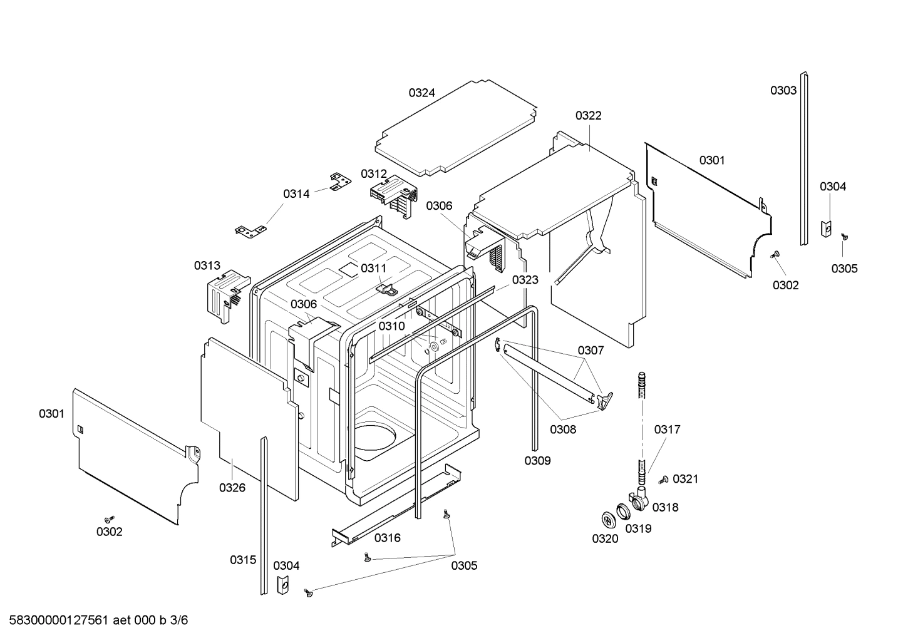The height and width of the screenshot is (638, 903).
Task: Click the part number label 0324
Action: (x=421, y=93)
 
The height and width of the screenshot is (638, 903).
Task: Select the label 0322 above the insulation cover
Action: (x=588, y=115)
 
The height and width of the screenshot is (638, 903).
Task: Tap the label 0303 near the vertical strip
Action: (x=783, y=90)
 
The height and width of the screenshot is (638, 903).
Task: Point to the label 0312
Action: (x=373, y=173)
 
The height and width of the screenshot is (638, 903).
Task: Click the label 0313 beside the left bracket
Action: (x=207, y=265)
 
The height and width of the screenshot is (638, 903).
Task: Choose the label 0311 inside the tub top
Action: (x=373, y=268)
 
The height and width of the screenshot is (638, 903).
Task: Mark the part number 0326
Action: (x=232, y=487)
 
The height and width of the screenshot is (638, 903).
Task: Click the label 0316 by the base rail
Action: (x=387, y=537)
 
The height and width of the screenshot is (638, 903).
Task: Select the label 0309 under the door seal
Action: (x=537, y=460)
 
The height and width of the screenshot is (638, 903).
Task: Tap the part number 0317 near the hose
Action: (x=667, y=430)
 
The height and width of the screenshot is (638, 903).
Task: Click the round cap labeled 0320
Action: (x=607, y=519)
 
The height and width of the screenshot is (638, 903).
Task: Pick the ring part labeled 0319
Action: (x=624, y=513)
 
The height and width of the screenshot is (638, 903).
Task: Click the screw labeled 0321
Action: (x=663, y=480)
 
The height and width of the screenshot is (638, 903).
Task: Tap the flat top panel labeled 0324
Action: (x=457, y=128)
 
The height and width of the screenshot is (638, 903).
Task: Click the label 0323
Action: (x=525, y=280)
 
